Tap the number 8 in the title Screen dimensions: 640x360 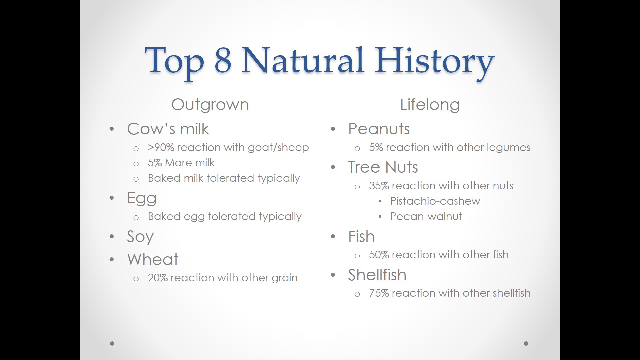coord(223,60)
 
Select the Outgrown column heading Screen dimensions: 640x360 coord(210,105)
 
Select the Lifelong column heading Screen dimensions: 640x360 coord(430,105)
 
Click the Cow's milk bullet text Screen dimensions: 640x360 coord(168,129)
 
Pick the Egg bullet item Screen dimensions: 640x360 coord(142,199)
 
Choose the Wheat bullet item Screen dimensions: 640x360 coord(153,260)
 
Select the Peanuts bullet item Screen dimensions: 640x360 coord(379,129)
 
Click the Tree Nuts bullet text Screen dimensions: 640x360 coord(383,167)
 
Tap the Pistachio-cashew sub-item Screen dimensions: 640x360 coord(435,201)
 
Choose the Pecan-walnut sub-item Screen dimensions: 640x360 coord(426,216)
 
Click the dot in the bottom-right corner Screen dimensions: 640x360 coord(526,343)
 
